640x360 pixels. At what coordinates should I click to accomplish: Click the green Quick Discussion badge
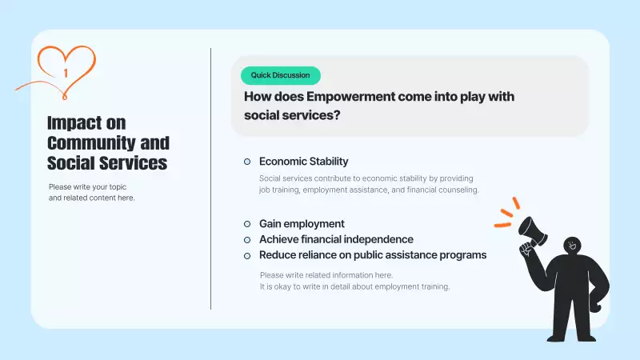click(280, 75)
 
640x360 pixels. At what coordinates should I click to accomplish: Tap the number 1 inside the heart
click(66, 73)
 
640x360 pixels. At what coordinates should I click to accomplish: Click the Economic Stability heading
click(303, 162)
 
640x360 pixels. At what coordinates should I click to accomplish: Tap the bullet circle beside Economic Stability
click(247, 162)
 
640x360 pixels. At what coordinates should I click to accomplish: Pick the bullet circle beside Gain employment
click(247, 224)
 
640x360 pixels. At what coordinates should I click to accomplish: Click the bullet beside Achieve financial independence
click(247, 240)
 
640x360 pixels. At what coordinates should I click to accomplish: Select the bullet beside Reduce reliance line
click(247, 255)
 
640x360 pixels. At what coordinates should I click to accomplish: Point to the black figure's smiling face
click(571, 246)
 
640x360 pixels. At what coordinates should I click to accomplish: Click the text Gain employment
click(302, 224)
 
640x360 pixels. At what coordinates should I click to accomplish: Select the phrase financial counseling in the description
click(442, 190)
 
